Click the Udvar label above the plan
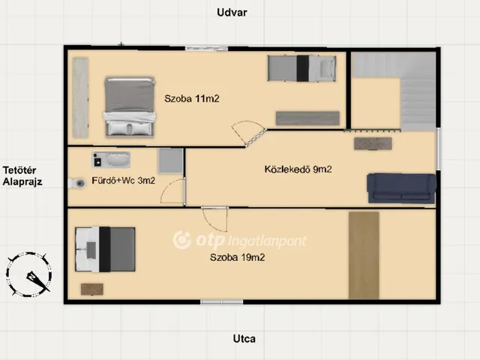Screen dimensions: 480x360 click(x=232, y=13)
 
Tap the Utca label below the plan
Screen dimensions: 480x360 click(x=244, y=339)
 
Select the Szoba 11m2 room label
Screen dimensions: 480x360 click(x=192, y=98)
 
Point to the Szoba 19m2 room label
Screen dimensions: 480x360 click(x=237, y=257)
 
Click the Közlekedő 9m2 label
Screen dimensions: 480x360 click(x=298, y=169)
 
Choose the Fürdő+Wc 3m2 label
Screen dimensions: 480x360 click(x=123, y=181)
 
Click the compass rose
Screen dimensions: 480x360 click(x=28, y=274)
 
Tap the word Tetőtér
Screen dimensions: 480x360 click(x=19, y=170)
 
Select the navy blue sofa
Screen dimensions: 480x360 click(x=401, y=188)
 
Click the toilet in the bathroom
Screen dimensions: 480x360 click(x=76, y=183)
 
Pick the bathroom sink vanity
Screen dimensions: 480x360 click(x=111, y=160)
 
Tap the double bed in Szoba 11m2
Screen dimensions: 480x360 click(x=130, y=106)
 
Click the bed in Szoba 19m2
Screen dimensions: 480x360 click(x=105, y=249)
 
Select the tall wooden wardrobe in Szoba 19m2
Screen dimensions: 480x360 click(x=364, y=255)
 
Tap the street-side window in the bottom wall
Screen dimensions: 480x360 click(x=222, y=301)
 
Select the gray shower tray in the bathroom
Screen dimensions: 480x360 click(x=170, y=161)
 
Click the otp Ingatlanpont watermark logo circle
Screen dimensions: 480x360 click(x=181, y=240)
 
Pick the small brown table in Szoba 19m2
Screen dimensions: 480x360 click(x=91, y=289)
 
